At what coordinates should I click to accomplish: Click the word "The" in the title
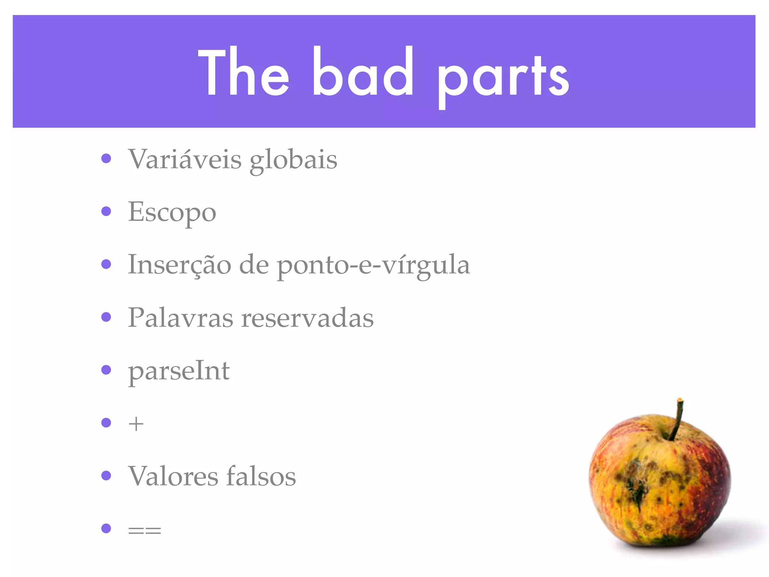[243, 72]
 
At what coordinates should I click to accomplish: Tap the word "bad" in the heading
[363, 72]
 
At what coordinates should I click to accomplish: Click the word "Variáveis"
[185, 159]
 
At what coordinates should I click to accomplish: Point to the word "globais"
[293, 161]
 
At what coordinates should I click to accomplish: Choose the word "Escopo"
[172, 213]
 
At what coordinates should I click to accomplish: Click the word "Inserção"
[179, 265]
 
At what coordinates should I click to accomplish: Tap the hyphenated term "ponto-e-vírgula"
[373, 266]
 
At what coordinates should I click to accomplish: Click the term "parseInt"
[179, 372]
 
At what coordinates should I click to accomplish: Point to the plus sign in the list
[136, 424]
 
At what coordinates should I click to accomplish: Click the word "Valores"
[173, 476]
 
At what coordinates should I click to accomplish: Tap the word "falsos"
[261, 476]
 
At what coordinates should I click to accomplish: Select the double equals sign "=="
[145, 530]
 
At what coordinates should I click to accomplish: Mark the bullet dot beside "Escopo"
[106, 211]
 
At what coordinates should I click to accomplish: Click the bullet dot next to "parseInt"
[106, 370]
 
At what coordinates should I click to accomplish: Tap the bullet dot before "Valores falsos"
[106, 476]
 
